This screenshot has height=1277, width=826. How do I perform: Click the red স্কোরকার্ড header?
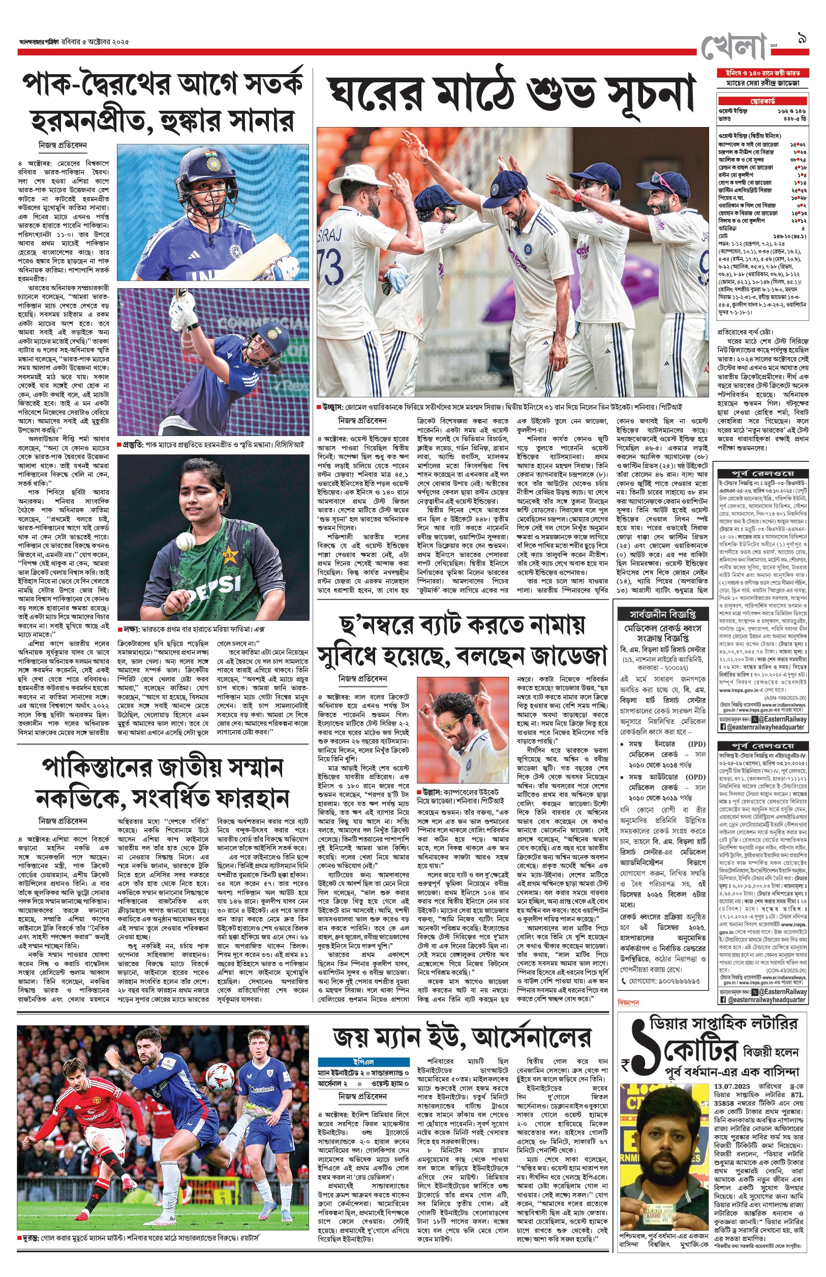(762, 101)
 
